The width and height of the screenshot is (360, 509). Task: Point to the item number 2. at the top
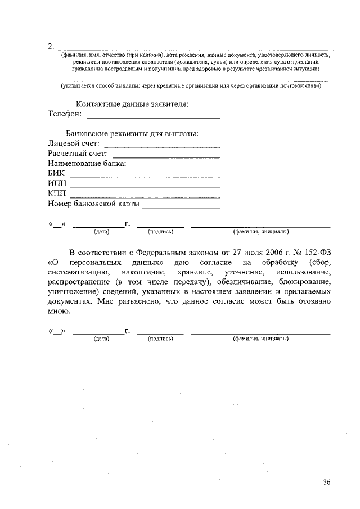(x=51, y=46)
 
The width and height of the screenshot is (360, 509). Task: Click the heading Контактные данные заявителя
(x=132, y=104)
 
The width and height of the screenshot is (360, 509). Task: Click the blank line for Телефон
(x=153, y=118)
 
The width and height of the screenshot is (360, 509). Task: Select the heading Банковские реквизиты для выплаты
(x=132, y=134)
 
